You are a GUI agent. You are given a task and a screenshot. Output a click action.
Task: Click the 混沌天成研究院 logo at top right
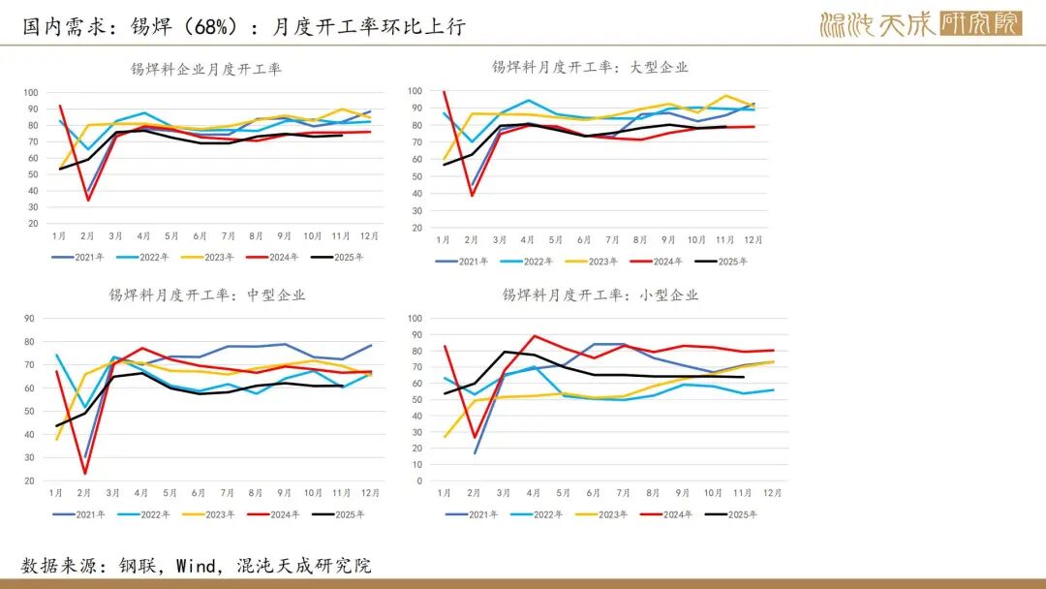[920, 23]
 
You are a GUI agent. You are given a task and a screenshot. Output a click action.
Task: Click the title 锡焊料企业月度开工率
[206, 70]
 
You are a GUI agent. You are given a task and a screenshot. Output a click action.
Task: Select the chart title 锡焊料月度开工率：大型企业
[590, 68]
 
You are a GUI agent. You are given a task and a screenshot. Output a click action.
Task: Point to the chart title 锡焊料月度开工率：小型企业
[600, 295]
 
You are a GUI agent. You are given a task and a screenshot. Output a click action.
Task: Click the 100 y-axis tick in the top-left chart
[30, 93]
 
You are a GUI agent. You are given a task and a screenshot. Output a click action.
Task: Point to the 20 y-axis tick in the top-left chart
[32, 224]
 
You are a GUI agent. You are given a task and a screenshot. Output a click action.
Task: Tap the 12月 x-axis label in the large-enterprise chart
[754, 239]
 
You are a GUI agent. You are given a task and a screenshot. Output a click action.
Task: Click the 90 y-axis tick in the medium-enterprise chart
[29, 319]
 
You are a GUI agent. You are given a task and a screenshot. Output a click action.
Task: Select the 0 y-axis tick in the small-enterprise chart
[418, 480]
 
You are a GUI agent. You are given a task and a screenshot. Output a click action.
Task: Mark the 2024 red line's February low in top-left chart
[88, 200]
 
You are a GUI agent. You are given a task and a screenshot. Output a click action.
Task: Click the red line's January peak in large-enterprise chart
[445, 92]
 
